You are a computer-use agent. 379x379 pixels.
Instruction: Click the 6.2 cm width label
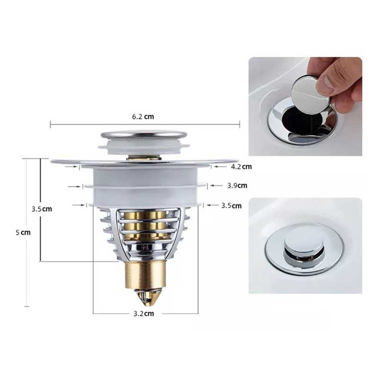pos(143,117)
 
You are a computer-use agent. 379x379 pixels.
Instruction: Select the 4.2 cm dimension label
pos(241,167)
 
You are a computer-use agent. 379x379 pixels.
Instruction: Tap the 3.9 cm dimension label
pos(237,186)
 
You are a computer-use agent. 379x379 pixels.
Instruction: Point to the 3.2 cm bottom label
pos(144,314)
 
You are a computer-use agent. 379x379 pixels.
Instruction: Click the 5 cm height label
pos(23,233)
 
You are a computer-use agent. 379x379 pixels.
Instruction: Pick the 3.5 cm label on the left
pos(42,209)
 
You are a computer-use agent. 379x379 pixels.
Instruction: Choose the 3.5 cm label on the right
pos(232,206)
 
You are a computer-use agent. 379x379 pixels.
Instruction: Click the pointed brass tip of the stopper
pos(145,297)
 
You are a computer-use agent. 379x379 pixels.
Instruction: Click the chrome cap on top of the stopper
pos(144,135)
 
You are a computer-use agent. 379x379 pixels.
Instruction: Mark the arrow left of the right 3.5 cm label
pos(213,205)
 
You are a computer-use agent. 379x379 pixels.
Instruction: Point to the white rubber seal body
pos(145,186)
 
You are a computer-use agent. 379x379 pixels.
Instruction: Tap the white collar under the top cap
pos(144,147)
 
